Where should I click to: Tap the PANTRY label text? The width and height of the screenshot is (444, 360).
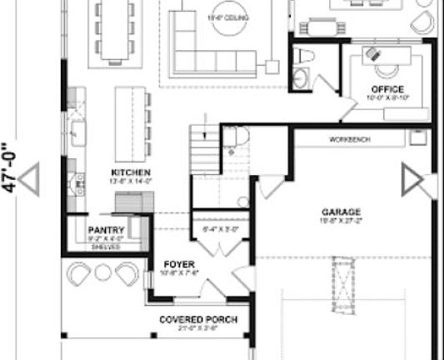[x=107, y=231]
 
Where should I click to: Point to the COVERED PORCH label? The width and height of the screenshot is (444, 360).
[x=198, y=320]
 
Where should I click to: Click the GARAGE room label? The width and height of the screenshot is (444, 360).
[x=342, y=212]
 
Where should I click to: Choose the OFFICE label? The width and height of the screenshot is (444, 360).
[x=387, y=89]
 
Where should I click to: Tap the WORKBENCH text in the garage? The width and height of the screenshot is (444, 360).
[x=349, y=139]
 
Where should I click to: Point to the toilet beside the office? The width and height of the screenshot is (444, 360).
[x=304, y=62]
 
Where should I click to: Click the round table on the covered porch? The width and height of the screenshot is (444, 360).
[x=102, y=272]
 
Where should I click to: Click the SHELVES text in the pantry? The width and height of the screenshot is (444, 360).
[x=106, y=247]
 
